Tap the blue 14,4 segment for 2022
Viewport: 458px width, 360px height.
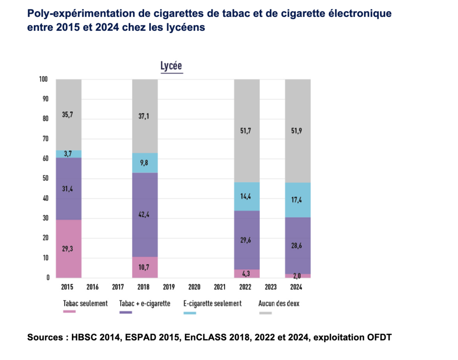(x=247, y=196)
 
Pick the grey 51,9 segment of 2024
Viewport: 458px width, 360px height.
(x=298, y=131)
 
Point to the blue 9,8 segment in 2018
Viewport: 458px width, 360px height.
(x=145, y=163)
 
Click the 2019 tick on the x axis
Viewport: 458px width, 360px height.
(x=169, y=287)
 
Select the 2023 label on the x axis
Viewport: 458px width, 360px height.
(x=271, y=287)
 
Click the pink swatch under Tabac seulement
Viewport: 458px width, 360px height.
(x=69, y=312)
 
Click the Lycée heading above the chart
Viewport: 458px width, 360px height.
(x=171, y=66)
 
